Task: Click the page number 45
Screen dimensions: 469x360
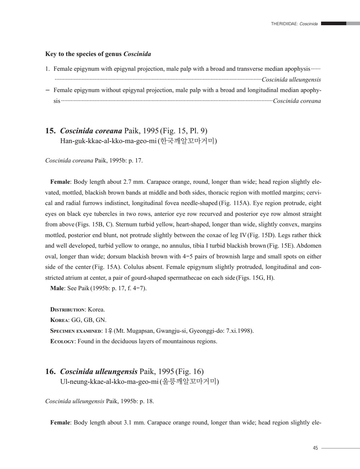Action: tap(315, 448)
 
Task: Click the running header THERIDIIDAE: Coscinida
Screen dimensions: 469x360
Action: tap(294, 24)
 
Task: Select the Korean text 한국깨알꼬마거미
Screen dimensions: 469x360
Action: tap(187, 141)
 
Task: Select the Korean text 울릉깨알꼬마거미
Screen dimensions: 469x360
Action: tap(189, 382)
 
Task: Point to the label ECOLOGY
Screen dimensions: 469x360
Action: tap(62, 341)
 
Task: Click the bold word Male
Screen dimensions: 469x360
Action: tap(57, 288)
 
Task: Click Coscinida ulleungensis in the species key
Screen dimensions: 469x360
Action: tap(291, 80)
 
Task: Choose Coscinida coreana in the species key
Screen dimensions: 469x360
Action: tap(297, 101)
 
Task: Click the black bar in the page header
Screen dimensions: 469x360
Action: tap(334, 24)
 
